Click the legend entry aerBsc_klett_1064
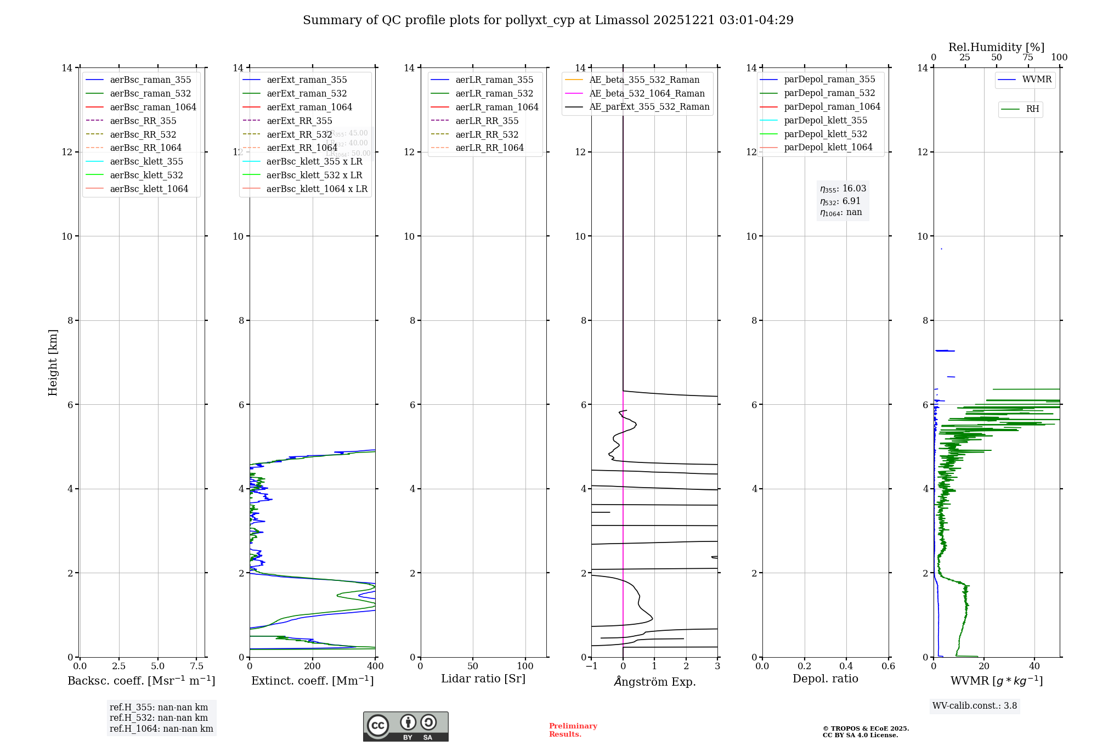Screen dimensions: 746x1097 click(x=149, y=189)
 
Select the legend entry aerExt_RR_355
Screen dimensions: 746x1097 click(x=299, y=121)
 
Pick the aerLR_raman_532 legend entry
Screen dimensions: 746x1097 click(x=494, y=93)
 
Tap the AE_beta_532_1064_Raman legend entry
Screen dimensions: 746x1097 click(x=647, y=93)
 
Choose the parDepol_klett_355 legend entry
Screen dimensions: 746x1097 click(x=825, y=120)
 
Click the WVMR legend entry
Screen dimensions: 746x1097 click(x=1036, y=80)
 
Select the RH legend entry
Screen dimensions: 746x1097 click(x=1032, y=109)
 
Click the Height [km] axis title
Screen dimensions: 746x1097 click(x=53, y=362)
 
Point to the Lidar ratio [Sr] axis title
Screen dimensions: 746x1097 click(x=483, y=679)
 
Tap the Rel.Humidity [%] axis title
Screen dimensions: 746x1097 click(x=996, y=47)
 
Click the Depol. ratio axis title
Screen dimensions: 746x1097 click(x=825, y=679)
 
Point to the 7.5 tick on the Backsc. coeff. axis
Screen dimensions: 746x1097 click(x=197, y=666)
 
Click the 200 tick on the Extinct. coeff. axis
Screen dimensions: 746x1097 click(x=313, y=666)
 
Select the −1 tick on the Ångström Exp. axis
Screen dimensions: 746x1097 click(x=591, y=666)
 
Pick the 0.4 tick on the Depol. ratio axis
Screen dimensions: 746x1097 click(x=846, y=666)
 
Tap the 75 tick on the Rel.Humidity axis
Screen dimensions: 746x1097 click(x=1027, y=58)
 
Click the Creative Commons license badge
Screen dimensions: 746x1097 click(x=405, y=726)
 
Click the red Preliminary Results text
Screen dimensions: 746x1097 click(x=573, y=730)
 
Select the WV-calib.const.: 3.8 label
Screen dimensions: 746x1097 click(x=975, y=705)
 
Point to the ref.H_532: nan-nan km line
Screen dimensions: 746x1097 click(x=159, y=717)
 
